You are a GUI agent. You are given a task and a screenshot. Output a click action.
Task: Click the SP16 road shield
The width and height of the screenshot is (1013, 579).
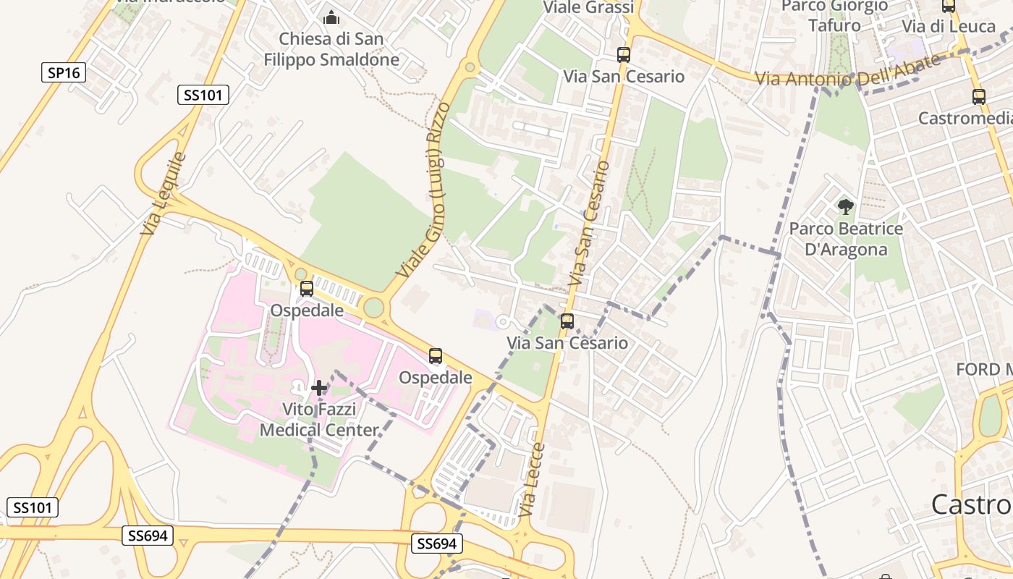coord(64,72)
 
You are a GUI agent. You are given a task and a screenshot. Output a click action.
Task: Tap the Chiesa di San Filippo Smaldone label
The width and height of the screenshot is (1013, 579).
coord(331,49)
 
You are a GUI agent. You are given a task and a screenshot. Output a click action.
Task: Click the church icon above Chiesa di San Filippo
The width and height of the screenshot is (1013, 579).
coord(331,17)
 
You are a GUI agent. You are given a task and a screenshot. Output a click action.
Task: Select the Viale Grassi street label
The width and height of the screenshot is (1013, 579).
coord(588,8)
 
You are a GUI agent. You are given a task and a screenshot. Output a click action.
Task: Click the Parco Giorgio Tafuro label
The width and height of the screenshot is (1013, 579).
coord(835,15)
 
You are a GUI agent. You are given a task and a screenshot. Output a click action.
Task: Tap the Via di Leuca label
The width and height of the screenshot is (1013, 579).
coord(949,26)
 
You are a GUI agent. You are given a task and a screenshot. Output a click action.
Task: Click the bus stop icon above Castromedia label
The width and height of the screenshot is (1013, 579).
coord(979,96)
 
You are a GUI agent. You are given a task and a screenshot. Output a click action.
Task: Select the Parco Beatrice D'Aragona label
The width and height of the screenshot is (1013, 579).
coord(846,239)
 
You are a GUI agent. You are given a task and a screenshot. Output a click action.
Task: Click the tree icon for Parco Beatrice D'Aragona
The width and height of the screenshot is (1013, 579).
coord(845,208)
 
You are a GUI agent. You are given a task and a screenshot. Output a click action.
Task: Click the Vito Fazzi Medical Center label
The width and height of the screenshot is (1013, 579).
coord(319,420)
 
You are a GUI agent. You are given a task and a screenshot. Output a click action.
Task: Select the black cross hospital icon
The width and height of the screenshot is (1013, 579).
coord(318,388)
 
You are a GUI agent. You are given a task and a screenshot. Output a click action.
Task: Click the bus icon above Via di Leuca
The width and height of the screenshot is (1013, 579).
coord(948,7)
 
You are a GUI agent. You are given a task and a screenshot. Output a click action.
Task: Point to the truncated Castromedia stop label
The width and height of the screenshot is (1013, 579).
coord(965,118)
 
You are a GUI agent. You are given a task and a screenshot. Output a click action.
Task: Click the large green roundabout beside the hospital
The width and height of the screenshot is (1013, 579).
coord(373,308)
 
